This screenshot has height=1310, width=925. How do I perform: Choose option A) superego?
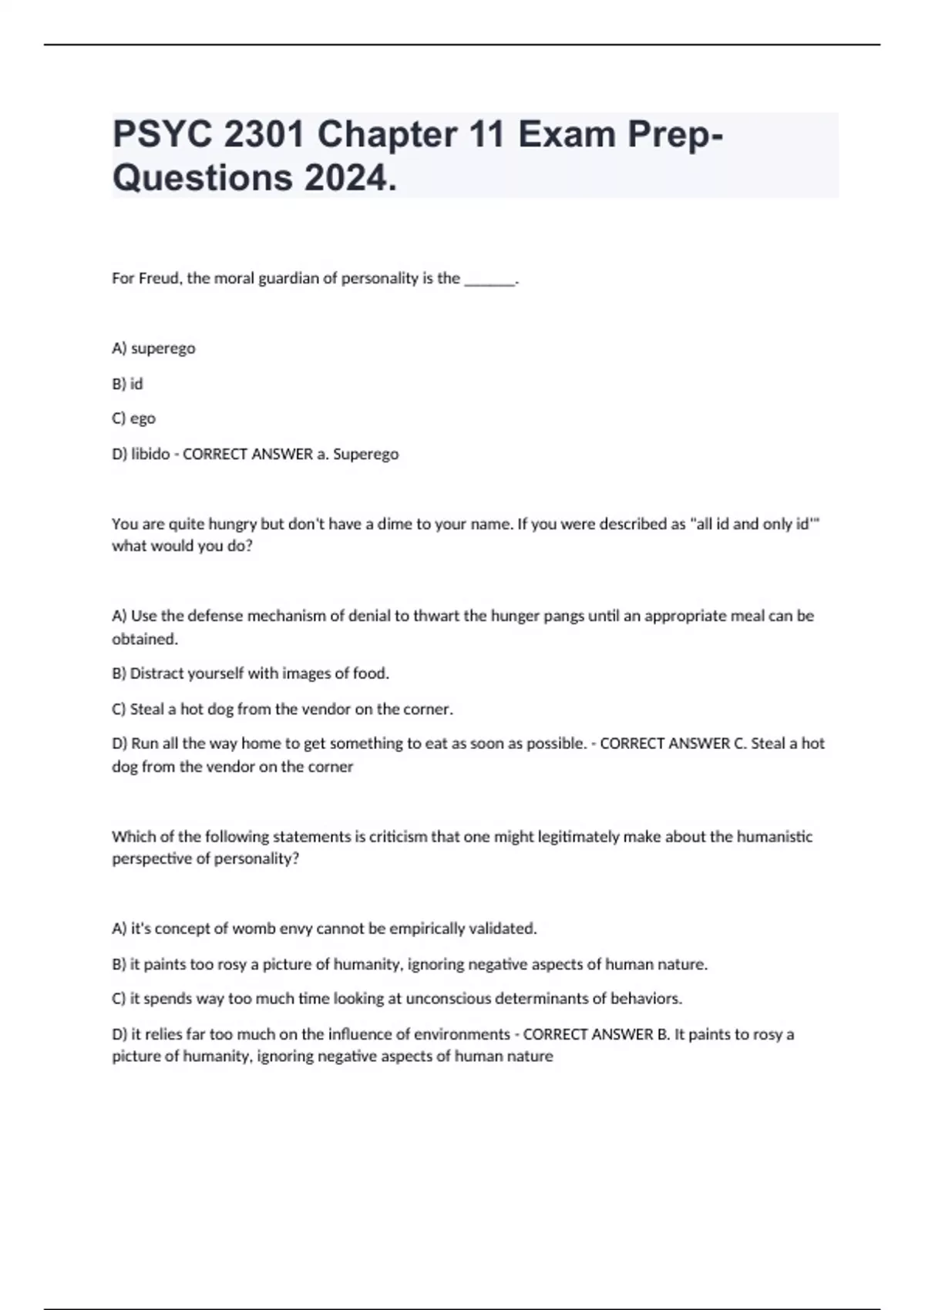tap(153, 348)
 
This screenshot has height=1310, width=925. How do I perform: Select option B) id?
tap(127, 384)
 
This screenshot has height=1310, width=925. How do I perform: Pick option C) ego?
tap(133, 418)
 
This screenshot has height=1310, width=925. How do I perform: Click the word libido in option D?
tap(150, 454)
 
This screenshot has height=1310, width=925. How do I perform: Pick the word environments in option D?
tap(461, 1034)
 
